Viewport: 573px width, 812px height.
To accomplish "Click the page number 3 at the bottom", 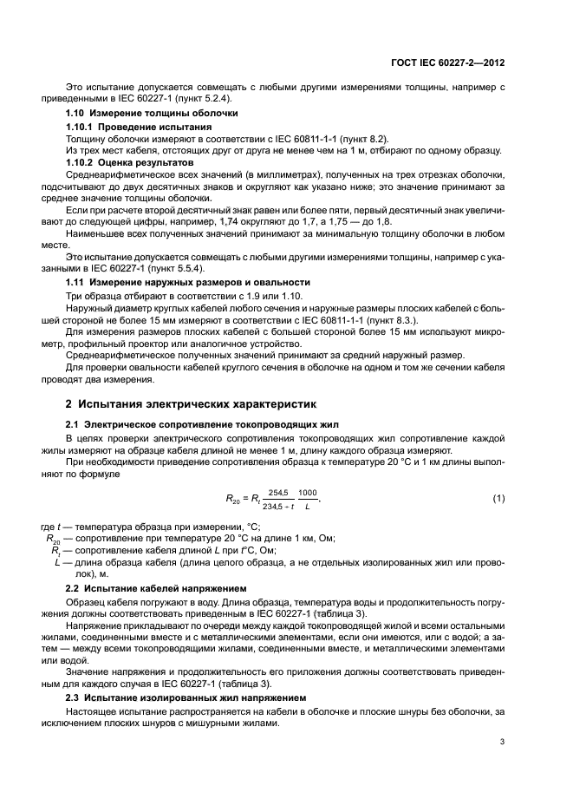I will [503, 742].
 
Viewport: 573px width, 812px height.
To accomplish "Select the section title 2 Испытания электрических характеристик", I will [192, 404].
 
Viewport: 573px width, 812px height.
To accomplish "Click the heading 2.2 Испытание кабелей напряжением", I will [157, 587].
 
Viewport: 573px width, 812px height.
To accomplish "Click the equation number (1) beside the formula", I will [498, 497].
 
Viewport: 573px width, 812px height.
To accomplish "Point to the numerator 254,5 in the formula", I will [277, 491].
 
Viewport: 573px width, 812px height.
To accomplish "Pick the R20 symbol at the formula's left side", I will [232, 499].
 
